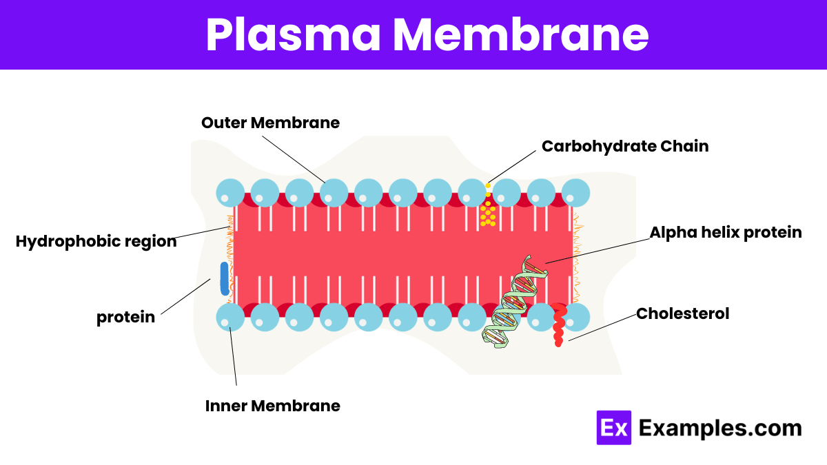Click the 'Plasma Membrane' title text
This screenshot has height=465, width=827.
427,34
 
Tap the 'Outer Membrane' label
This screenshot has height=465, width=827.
270,123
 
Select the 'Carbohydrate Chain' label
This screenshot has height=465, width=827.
625,147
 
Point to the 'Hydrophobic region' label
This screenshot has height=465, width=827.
96,242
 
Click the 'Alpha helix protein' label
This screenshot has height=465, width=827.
726,233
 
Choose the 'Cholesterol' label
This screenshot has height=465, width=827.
682,313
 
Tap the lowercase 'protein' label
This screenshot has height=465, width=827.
125,317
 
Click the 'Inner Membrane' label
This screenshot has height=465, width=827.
272,406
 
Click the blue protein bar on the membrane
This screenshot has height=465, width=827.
225,278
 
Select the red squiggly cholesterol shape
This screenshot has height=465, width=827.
559,324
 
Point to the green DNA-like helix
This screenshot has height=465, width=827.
515,302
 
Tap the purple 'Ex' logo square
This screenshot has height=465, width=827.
613,427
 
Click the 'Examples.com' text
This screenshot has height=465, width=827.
720,428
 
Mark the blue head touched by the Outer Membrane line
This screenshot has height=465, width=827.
334,193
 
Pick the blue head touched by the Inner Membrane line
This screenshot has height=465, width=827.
230,317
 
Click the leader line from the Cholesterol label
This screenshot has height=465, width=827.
602,327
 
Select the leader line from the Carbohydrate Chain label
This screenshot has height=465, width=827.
511,167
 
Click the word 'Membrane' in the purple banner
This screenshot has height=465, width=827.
520,34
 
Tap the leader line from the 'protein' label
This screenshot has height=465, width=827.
185,296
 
